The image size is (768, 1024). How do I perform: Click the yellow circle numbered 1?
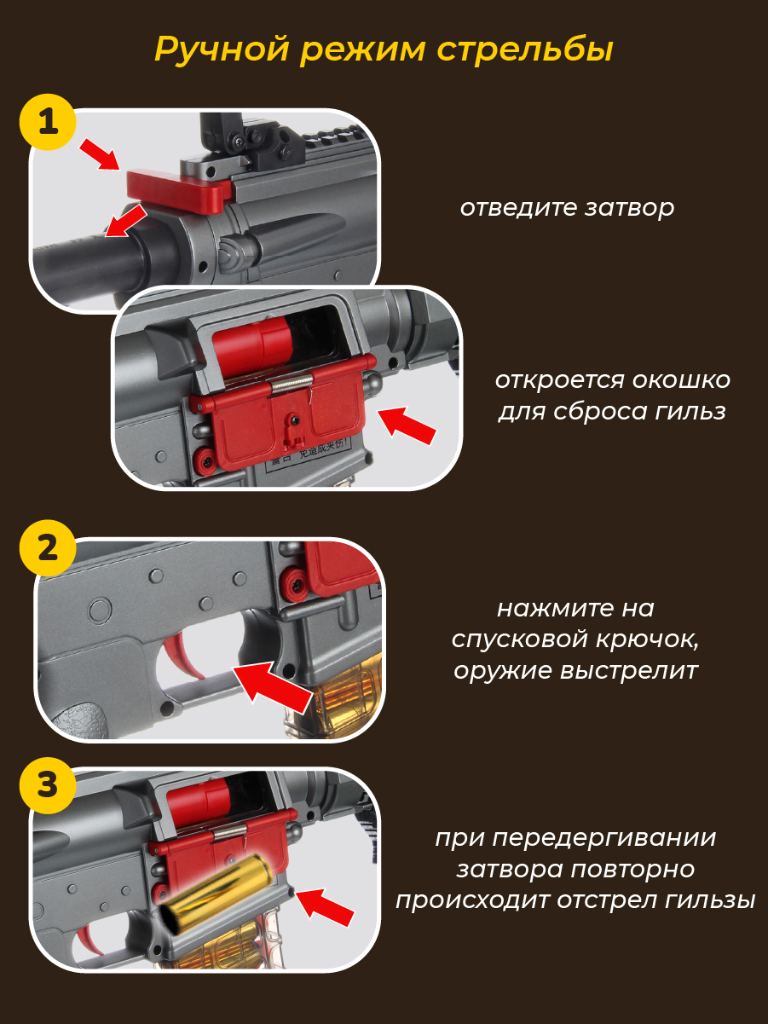pyautogui.click(x=48, y=122)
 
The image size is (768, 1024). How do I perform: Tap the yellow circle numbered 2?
pyautogui.click(x=48, y=548)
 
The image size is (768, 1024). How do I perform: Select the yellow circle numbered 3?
pyautogui.click(x=48, y=785)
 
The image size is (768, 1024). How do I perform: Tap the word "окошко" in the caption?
pyautogui.click(x=679, y=380)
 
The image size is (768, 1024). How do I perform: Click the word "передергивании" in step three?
pyautogui.click(x=604, y=838)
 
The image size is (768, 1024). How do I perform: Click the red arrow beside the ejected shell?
pyautogui.click(x=325, y=907)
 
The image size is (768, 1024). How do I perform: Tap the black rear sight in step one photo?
pyautogui.click(x=254, y=137)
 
